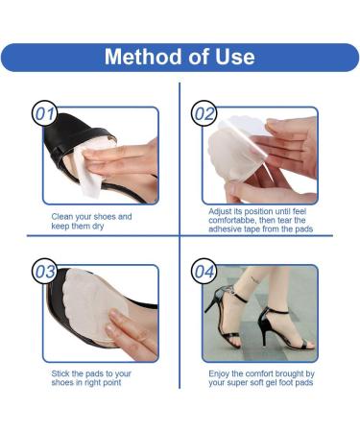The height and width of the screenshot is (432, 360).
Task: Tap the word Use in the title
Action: point(233,56)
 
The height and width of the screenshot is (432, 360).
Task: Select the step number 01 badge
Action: point(45,115)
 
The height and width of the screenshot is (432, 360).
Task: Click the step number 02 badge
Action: point(204,115)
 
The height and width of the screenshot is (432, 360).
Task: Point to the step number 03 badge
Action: point(45,272)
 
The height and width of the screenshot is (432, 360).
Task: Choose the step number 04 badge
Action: point(204,272)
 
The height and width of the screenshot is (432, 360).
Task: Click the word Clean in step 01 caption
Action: point(63,217)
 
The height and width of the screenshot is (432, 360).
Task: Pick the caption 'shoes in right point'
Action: point(86,383)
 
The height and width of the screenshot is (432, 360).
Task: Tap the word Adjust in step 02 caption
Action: point(222,209)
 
